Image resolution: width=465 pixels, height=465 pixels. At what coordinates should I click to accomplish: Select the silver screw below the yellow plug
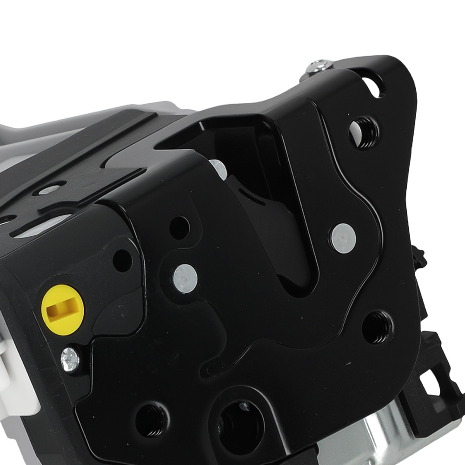[70, 360]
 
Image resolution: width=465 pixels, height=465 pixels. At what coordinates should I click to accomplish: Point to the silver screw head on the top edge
[319, 66]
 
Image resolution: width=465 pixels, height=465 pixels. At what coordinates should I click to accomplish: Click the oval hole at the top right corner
[373, 86]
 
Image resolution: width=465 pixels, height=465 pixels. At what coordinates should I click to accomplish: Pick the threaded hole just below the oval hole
[364, 132]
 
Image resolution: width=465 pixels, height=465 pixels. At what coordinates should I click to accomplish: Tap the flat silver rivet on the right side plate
[344, 238]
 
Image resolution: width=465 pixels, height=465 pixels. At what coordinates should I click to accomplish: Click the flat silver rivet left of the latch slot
[185, 278]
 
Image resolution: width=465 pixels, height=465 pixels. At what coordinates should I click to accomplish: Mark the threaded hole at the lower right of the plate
[377, 327]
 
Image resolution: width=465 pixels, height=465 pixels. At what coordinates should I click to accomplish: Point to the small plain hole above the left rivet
[179, 227]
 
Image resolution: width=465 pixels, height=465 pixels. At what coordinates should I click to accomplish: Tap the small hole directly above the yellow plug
[123, 260]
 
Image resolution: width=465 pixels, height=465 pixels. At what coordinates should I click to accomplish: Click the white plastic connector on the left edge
[12, 381]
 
